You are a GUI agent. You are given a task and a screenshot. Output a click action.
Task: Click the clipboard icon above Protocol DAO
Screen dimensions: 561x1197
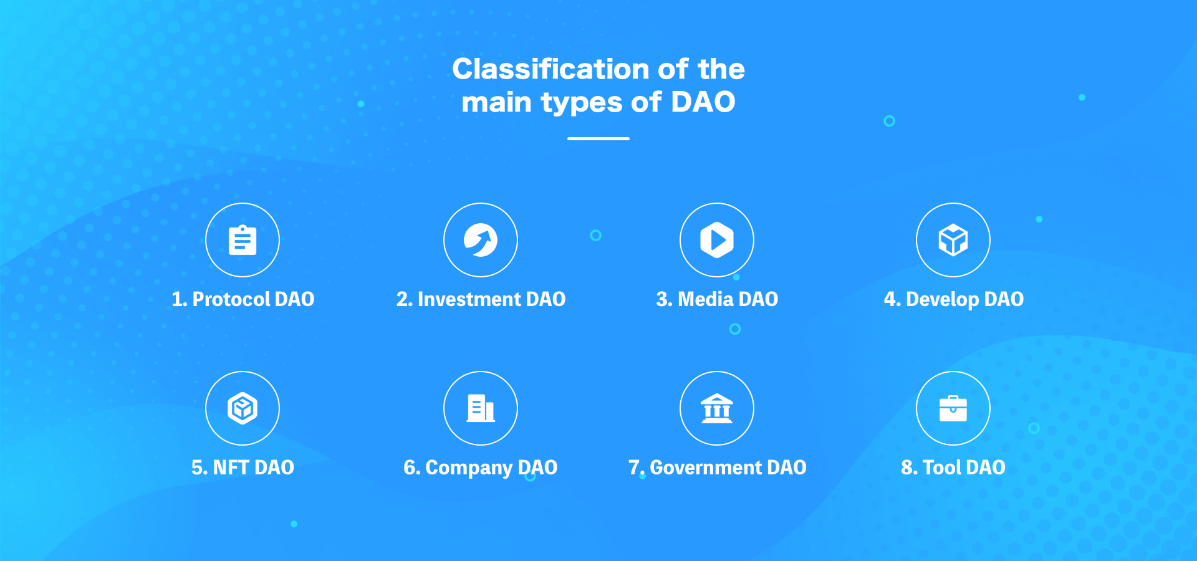pyautogui.click(x=243, y=240)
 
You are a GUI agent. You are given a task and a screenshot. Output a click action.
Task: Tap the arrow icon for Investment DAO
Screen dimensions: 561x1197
pyautogui.click(x=480, y=240)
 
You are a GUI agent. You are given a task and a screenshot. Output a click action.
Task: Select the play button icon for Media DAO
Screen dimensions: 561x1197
pyautogui.click(x=717, y=240)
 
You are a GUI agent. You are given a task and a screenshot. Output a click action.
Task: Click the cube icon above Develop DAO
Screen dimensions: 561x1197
pyautogui.click(x=953, y=240)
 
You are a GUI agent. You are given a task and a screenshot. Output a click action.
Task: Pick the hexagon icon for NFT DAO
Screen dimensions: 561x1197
pyautogui.click(x=243, y=408)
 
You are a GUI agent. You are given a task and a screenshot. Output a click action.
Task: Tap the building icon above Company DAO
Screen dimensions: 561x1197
pyautogui.click(x=480, y=408)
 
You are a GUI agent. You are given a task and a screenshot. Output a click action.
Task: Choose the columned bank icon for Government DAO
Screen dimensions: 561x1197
pyautogui.click(x=717, y=408)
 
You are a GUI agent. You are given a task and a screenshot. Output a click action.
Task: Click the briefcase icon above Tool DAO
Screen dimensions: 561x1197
pyautogui.click(x=953, y=408)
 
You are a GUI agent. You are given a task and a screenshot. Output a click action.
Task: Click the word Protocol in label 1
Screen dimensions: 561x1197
pyautogui.click(x=231, y=299)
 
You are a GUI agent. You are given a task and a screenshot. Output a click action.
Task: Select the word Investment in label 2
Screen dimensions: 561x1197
pyautogui.click(x=469, y=299)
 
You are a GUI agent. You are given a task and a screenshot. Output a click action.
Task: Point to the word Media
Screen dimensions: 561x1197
pyautogui.click(x=705, y=299)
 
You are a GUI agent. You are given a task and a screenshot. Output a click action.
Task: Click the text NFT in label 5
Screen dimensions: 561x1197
pyautogui.click(x=231, y=467)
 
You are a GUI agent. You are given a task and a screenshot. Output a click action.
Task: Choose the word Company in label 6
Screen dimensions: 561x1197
pyautogui.click(x=469, y=467)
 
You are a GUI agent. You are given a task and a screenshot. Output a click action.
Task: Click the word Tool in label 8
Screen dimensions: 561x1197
pyautogui.click(x=941, y=467)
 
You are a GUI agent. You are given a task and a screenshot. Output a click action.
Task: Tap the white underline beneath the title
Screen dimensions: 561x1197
pyautogui.click(x=598, y=138)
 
